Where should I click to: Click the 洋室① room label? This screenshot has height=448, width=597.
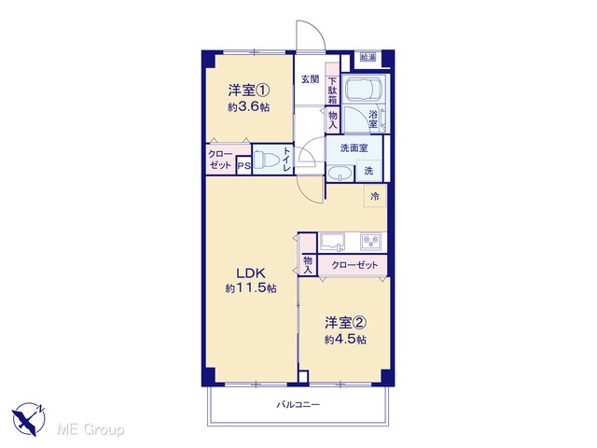249,91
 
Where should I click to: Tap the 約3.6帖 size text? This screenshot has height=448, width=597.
249,107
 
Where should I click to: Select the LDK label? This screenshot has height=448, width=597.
251,273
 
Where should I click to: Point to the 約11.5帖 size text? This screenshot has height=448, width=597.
251,288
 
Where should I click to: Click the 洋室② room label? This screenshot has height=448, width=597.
345,323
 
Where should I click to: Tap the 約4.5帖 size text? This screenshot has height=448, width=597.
345,339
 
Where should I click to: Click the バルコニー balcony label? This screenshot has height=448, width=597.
298,404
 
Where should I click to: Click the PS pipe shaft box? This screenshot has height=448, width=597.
244,166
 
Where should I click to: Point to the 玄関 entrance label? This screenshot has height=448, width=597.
311,79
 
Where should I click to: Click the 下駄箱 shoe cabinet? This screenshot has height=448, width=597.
332,91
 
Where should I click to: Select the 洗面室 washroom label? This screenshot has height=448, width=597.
354,147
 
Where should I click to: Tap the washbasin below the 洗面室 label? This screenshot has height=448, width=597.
340,174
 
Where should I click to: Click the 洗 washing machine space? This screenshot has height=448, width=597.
368,171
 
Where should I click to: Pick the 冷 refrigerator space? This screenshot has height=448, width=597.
375,196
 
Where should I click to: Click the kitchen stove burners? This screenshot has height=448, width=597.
371,241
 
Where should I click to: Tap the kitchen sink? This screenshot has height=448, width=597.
332,242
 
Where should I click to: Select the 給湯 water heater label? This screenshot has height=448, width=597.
368,58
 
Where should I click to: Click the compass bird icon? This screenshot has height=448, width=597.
29,419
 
